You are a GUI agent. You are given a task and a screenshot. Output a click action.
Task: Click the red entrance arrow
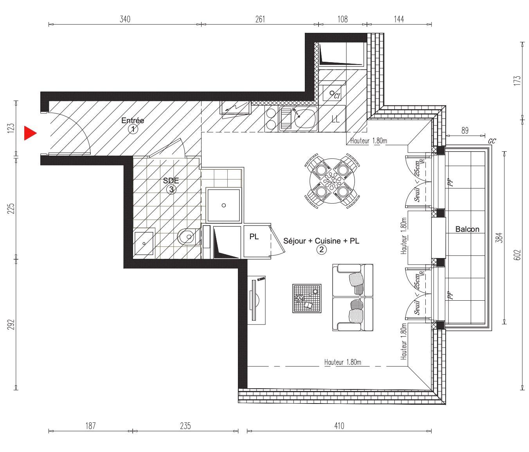30,133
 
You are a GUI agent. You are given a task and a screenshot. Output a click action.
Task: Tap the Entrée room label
133,120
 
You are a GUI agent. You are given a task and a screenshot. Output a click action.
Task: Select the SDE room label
171,181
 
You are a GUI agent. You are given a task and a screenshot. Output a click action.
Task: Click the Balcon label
467,229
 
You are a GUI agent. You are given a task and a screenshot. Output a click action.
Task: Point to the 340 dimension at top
125,19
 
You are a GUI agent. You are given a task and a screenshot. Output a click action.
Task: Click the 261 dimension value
260,19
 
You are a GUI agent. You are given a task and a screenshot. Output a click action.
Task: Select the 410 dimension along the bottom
339,426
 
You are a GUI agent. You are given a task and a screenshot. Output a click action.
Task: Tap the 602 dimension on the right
517,255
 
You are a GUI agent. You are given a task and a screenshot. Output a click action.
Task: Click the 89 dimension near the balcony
465,131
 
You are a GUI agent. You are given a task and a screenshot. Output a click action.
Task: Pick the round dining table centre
332,181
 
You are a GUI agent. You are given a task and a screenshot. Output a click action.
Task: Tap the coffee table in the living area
307,298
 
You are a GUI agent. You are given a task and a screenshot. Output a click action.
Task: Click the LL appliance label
336,119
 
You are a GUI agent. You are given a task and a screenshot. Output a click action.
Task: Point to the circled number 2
322,249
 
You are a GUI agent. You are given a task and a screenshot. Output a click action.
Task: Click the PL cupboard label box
254,237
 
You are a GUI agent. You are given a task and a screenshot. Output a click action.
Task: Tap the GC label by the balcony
492,141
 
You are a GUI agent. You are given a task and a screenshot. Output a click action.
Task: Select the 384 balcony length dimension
499,238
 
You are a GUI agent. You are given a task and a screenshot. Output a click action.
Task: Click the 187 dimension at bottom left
90,426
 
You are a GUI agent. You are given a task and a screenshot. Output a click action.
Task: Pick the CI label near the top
337,96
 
